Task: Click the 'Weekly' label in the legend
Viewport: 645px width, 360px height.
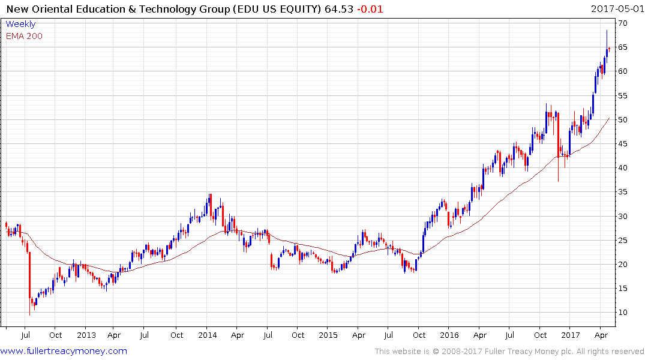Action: click(x=20, y=24)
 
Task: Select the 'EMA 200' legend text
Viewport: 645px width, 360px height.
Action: click(x=25, y=36)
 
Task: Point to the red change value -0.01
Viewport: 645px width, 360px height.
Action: click(x=371, y=9)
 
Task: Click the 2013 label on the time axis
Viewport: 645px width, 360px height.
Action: click(x=86, y=335)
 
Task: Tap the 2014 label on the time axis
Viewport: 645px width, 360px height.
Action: click(x=207, y=335)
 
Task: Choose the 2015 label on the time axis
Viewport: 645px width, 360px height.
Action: click(x=328, y=335)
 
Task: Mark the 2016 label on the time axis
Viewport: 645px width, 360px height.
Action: click(x=449, y=335)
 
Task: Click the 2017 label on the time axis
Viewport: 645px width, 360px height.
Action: click(x=571, y=335)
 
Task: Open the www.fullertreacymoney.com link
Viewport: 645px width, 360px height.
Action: click(x=64, y=351)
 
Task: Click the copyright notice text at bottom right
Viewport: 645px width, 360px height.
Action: click(x=509, y=352)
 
